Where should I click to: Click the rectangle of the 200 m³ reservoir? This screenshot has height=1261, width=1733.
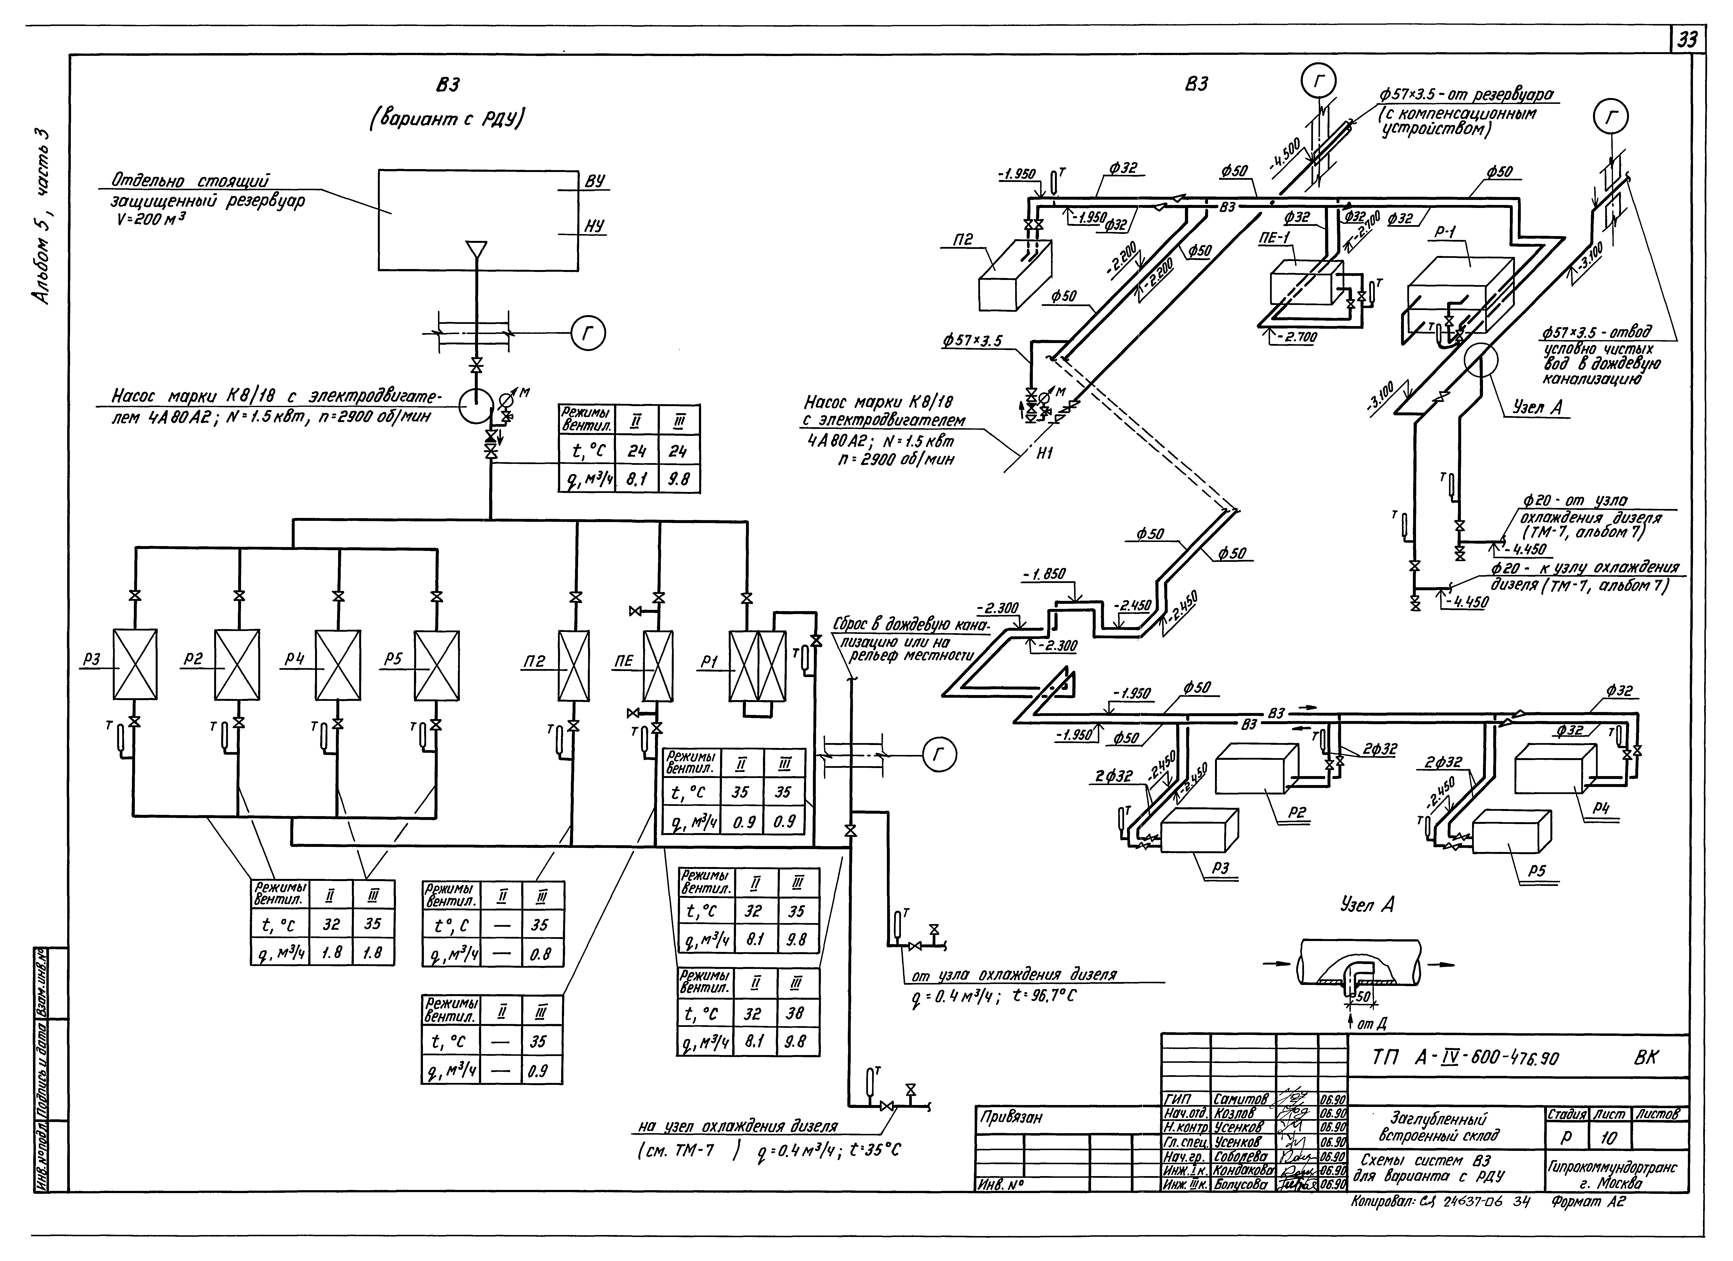click(478, 220)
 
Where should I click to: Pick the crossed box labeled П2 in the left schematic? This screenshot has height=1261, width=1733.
click(574, 665)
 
